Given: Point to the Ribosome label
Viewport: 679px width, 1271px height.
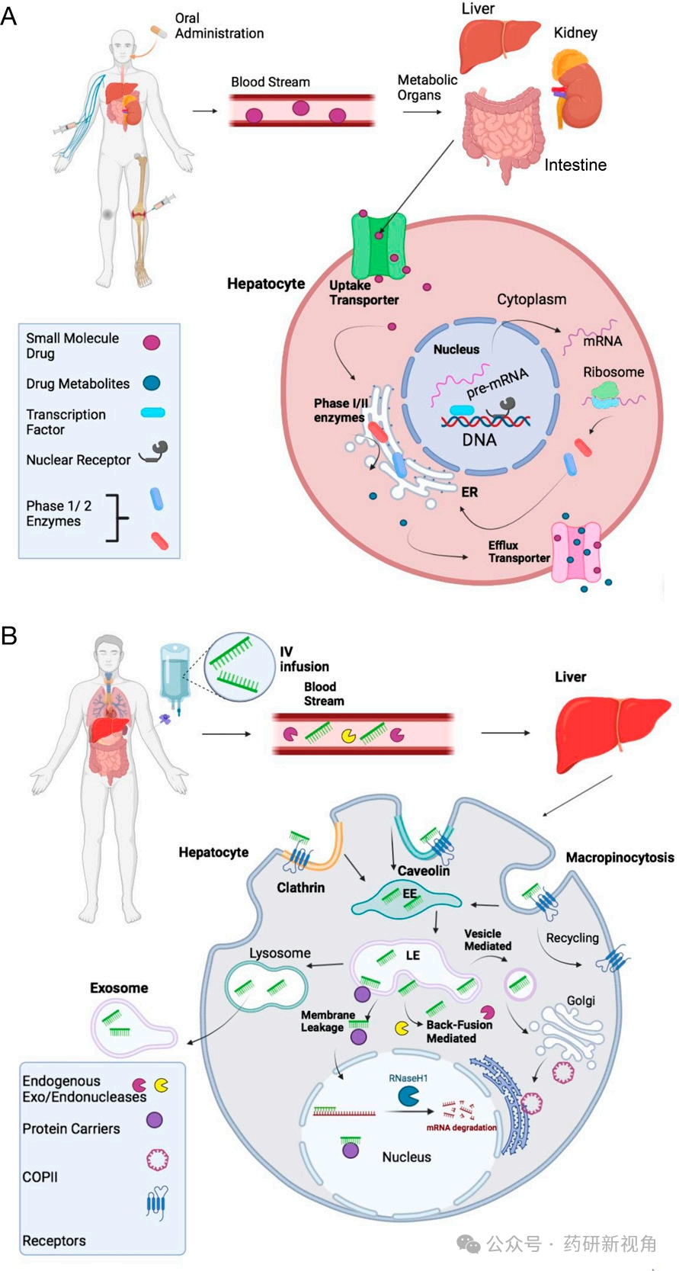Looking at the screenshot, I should coord(613,372).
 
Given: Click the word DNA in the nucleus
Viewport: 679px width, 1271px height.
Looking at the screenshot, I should coord(479,440).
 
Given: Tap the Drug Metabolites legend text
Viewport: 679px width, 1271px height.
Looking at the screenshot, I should coord(78,384).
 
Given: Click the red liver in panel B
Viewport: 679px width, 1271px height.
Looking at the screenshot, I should coord(613,732).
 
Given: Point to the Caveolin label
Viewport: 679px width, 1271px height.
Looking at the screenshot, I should coord(424,870).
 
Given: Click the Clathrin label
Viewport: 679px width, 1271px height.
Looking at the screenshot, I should coord(300,887).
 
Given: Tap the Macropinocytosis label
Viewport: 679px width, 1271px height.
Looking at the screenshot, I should coord(620,858).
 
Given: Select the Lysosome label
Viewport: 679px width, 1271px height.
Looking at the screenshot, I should coord(280,953).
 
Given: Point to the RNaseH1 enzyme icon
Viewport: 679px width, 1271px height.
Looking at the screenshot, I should coord(408,1096).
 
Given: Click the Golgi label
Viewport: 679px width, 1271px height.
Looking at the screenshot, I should coord(581,1000).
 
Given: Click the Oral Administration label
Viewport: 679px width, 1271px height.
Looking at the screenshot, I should coord(219,26).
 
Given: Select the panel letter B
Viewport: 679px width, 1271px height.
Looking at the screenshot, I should coord(9,635).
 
